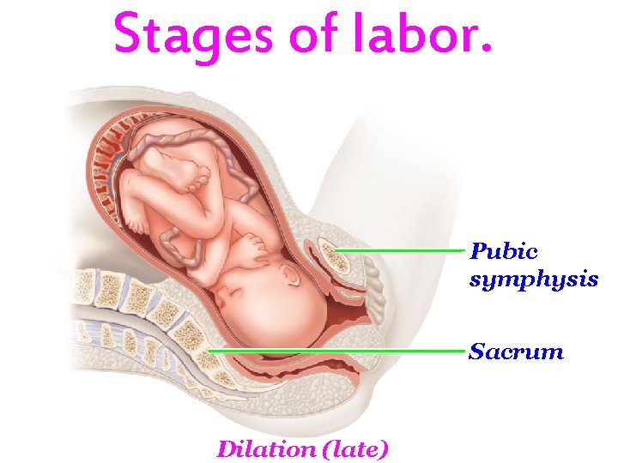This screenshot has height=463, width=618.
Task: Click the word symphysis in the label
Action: [x=533, y=279]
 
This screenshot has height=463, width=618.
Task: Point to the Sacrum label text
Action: [x=516, y=352]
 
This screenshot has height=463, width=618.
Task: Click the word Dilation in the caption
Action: [x=264, y=448]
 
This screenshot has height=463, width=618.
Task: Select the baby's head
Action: [x=275, y=300]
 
